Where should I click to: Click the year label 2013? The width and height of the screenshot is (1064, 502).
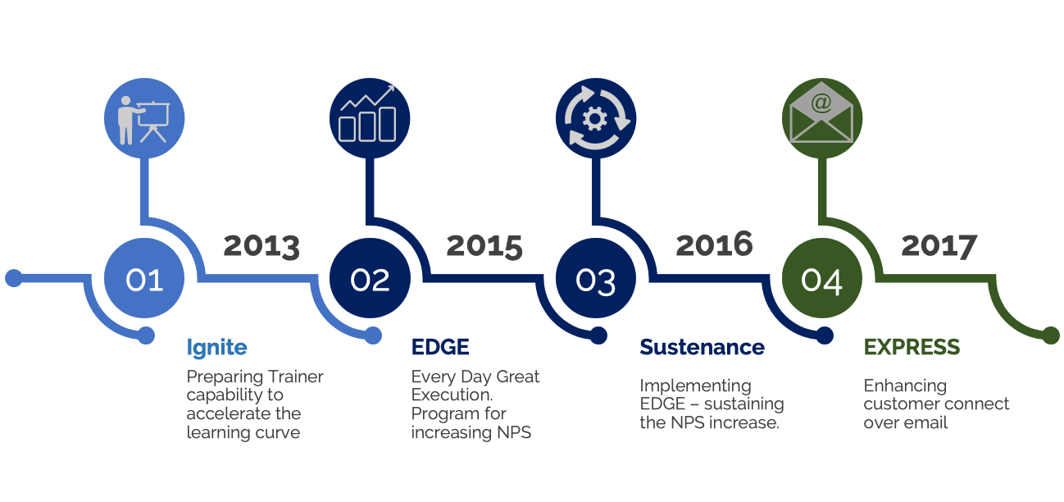coord(261,246)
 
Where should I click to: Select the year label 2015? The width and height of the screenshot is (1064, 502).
coord(484,246)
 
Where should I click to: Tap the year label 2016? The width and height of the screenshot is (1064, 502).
coord(715,244)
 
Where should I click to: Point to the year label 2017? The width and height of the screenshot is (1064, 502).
coord(939,246)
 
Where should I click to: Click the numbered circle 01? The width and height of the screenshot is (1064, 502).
coord(144,279)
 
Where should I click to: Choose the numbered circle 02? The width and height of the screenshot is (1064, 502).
coord(370,279)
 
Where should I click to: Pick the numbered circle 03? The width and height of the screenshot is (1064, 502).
coord(596,279)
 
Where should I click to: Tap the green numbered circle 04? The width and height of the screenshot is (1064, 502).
coord(821,279)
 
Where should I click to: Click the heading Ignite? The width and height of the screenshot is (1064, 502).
coord(216,348)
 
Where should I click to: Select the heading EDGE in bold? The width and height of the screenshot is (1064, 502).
coord(440,347)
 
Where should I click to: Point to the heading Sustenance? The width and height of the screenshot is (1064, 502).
coord(702,347)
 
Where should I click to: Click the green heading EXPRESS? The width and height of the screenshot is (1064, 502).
coord(912,347)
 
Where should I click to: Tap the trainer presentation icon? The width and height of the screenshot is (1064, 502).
coord(144,119)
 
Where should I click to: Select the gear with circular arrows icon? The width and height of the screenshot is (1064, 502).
coord(596,119)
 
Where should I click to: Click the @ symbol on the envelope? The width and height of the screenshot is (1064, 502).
coord(821,103)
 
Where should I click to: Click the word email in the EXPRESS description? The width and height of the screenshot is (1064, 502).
coord(927,422)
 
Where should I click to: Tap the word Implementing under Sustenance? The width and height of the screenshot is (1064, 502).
coord(695,386)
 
